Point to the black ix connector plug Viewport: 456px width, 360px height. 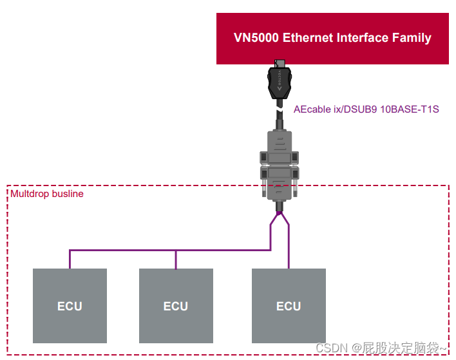pos(280,81)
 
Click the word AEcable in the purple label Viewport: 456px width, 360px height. pos(311,109)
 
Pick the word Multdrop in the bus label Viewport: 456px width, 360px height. pos(30,194)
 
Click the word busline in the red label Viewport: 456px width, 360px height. pos(68,194)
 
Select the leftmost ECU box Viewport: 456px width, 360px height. pos(70,305)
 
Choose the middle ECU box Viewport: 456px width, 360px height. pos(176,305)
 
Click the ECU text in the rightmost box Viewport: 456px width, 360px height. pos(289,306)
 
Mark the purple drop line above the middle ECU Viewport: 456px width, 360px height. pos(176,260)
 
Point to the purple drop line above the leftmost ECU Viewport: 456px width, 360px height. pos(70,260)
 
